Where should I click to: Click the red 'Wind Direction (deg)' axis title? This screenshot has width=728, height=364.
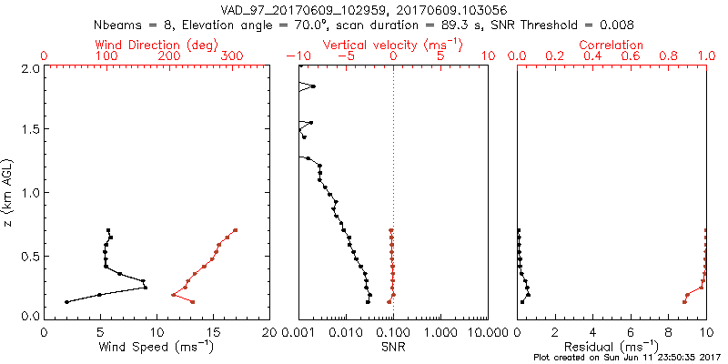coord(149,45)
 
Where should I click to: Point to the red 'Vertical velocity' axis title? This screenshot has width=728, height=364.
coord(392,45)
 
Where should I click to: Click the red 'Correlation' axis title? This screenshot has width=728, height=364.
coord(612,45)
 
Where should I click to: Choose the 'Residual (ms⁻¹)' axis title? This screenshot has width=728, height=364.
coord(612,346)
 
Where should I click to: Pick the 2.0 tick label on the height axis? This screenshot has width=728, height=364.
coord(29,68)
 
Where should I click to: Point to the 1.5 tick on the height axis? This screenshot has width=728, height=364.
coord(29,130)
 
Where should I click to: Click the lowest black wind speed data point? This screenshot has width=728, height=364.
coord(66,301)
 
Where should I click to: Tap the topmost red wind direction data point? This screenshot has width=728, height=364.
coord(235,230)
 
